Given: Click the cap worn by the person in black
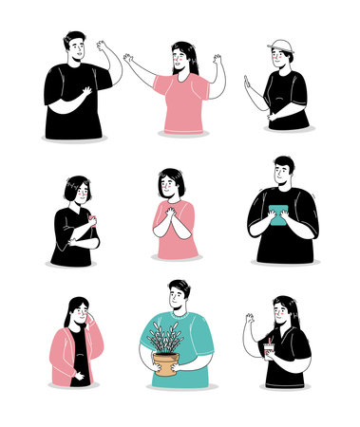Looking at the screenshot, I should tap(281, 46).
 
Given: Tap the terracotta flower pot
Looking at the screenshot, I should tap(165, 363).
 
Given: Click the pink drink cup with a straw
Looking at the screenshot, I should tap(270, 350).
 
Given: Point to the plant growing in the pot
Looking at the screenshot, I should tap(165, 338).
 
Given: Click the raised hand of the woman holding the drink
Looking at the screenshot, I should tap(250, 320).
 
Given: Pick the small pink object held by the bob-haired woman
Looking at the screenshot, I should tap(90, 219).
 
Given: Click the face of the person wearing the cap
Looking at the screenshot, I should tap(280, 58).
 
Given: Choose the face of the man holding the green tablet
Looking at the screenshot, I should tap(282, 176).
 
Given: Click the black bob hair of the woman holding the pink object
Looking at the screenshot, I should tap(73, 186).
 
